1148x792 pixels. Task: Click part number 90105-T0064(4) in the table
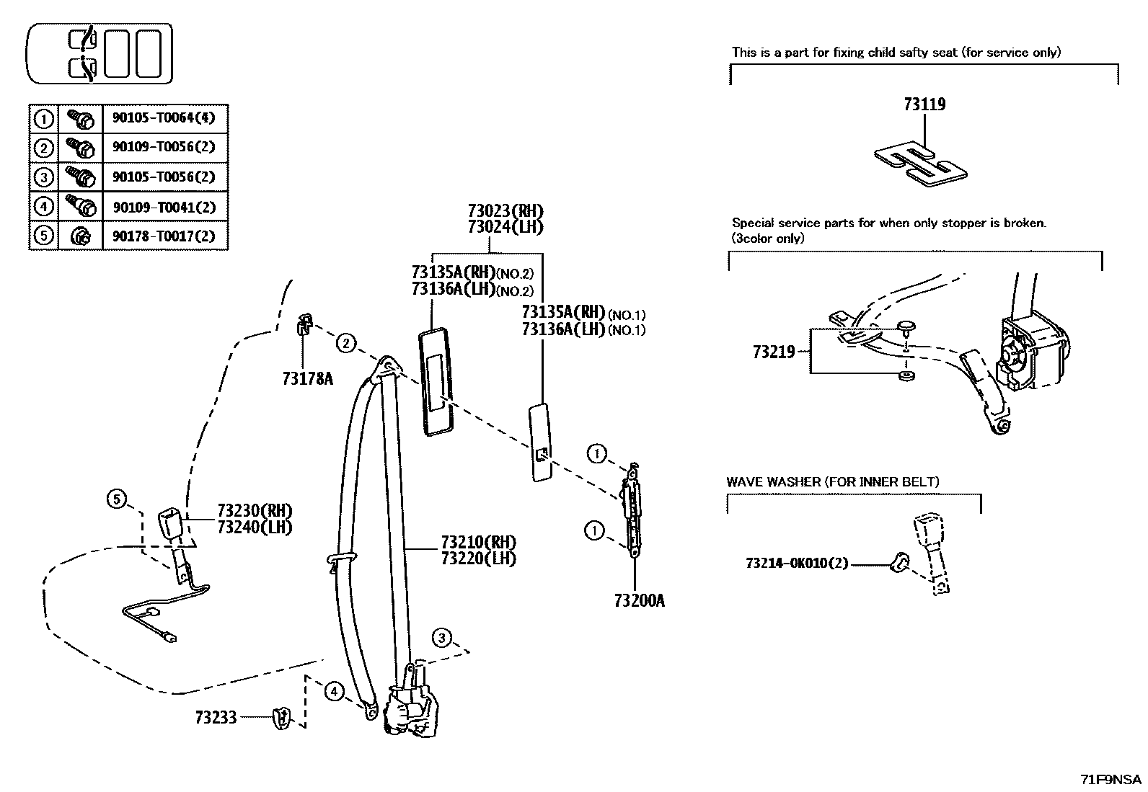[x=164, y=117]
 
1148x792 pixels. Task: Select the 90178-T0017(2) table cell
[x=164, y=236]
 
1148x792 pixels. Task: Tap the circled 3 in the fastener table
[x=44, y=177]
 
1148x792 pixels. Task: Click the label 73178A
[x=307, y=378]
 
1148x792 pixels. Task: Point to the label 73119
[x=924, y=104]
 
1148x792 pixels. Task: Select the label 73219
[x=774, y=352]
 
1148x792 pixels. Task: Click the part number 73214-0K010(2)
[x=798, y=564]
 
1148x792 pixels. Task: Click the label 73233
[x=216, y=718]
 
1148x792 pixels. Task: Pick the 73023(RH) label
[x=505, y=211]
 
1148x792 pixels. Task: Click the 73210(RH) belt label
[x=478, y=542]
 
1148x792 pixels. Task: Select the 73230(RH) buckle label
[x=255, y=511]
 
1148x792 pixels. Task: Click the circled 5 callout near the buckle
[x=117, y=498]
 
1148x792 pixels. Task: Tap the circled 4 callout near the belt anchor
[x=334, y=693]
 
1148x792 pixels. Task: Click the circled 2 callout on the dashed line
[x=347, y=344]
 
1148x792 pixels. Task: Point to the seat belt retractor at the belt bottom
[x=411, y=710]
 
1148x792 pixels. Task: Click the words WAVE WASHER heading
[x=774, y=481]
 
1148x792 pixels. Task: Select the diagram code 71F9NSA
[x=1111, y=779]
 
